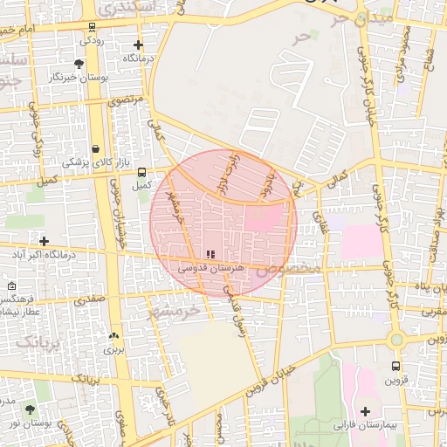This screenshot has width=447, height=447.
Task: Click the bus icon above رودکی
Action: (x=92, y=27)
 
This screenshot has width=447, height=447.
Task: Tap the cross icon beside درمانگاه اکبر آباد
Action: (x=44, y=241)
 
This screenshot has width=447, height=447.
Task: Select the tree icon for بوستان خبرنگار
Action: (x=79, y=64)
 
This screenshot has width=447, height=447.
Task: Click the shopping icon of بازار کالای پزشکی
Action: (x=94, y=149)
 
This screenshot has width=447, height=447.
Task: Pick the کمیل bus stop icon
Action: (x=141, y=172)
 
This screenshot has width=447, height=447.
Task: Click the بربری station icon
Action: (x=113, y=335)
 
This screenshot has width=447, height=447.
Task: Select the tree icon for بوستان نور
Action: (x=31, y=409)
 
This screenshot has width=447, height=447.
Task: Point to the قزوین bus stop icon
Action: (x=395, y=367)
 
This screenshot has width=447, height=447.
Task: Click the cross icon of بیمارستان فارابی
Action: (x=365, y=410)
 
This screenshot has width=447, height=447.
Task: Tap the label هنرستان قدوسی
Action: (x=210, y=269)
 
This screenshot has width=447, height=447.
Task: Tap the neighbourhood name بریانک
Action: (x=35, y=339)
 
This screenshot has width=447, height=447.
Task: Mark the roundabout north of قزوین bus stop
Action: (x=395, y=339)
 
